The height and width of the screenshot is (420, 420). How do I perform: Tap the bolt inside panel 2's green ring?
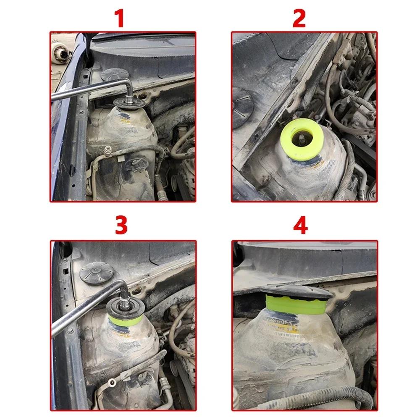(302, 136)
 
